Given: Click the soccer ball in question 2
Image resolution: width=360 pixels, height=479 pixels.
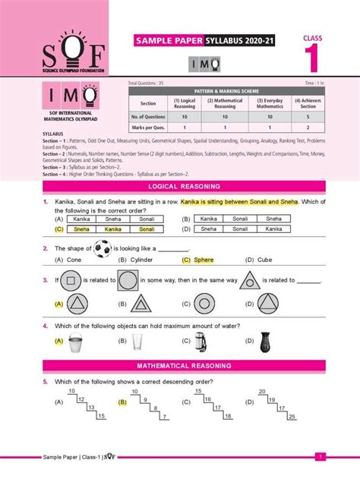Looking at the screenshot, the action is click(x=103, y=248).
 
